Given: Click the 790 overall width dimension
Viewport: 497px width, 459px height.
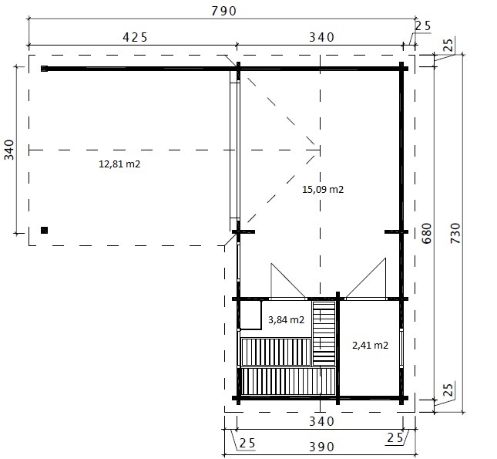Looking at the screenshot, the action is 223,11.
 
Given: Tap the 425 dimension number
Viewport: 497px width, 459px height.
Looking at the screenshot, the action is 135,38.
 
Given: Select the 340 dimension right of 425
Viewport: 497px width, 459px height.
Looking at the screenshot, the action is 321,38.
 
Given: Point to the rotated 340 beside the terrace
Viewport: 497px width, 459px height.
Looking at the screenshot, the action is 9,150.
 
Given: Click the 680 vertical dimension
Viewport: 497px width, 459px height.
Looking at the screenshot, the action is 427,233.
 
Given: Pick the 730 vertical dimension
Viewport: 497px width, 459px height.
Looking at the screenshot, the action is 455,233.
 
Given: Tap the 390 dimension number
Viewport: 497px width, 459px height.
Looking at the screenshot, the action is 321,447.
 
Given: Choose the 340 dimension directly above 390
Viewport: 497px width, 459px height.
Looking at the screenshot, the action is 321,421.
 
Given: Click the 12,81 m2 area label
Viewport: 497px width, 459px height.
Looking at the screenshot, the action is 119,164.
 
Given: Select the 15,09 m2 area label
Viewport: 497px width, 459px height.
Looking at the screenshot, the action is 323,190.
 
